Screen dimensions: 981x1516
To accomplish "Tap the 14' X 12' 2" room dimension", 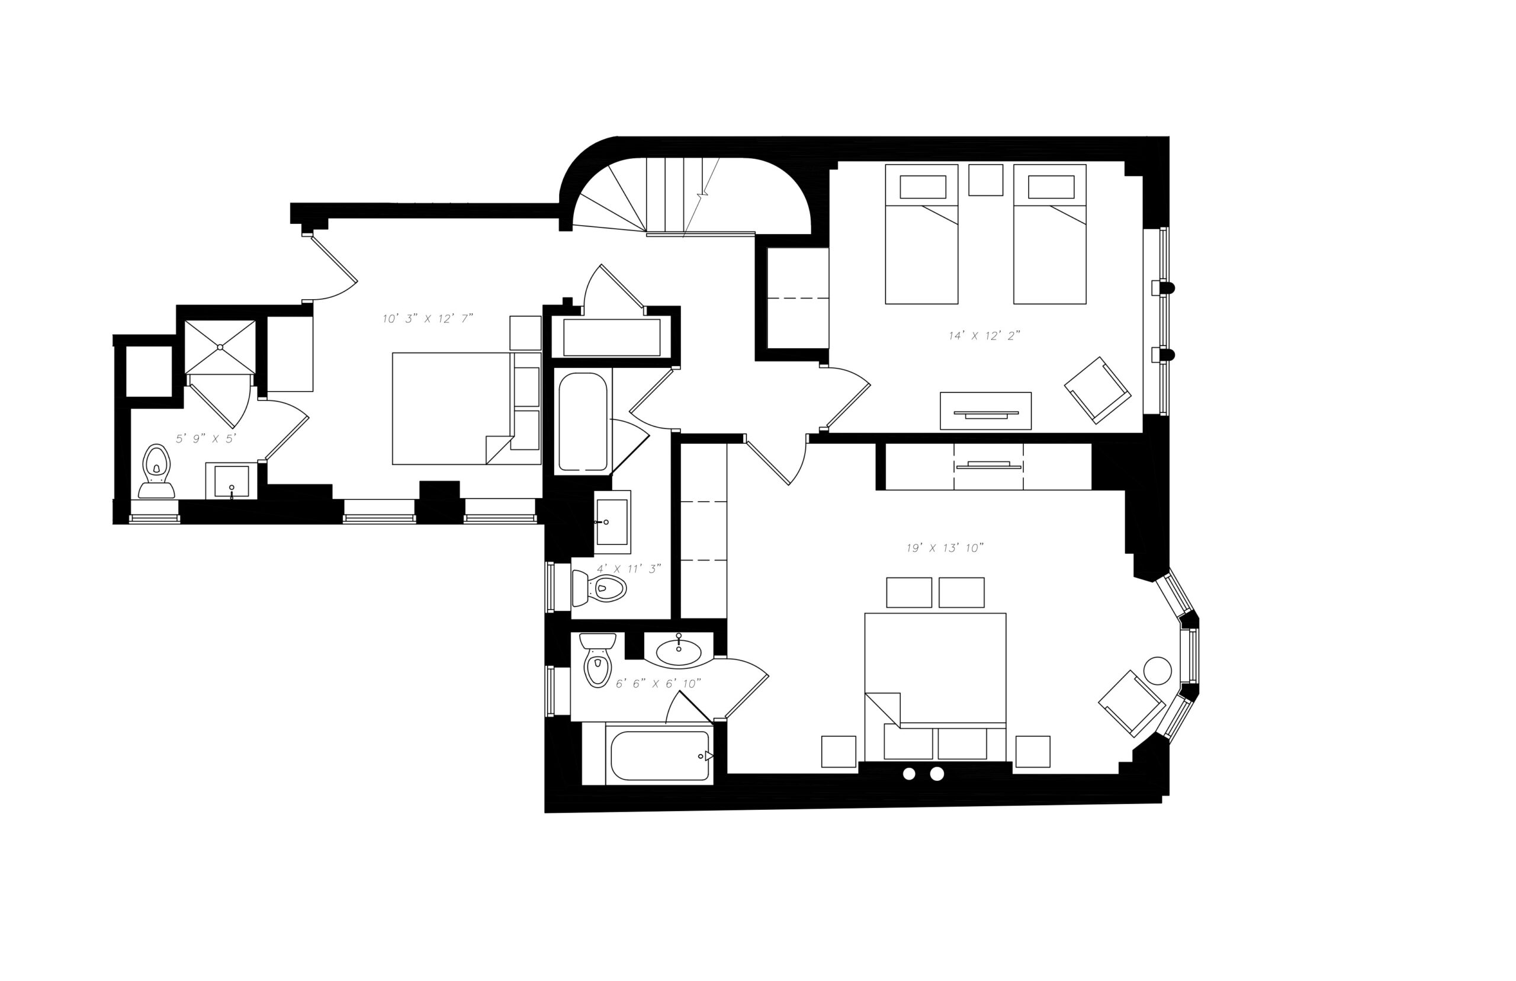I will tap(984, 336).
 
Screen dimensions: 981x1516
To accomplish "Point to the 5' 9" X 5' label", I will tap(206, 438).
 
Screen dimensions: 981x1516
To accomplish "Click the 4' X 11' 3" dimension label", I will tap(628, 568).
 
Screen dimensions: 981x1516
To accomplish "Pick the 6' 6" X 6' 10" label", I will tap(658, 684).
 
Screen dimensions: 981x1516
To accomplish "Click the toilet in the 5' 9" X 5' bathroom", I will tap(156, 472).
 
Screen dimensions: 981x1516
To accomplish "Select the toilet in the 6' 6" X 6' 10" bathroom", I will tap(598, 660).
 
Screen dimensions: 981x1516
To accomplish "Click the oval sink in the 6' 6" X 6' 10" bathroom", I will tap(679, 651).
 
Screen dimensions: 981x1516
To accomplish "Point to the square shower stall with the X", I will tap(220, 347).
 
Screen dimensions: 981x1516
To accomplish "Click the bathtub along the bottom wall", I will tap(660, 755).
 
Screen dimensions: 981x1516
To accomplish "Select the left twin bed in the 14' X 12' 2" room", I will tap(921, 234).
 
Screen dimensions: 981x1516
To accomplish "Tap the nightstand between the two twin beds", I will tap(985, 179).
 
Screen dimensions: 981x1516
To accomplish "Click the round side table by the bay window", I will tap(1158, 670).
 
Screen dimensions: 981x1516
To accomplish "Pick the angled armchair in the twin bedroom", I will tap(1097, 390).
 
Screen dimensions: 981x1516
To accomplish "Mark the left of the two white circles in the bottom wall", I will tap(909, 774).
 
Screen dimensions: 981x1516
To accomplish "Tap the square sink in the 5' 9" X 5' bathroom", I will tap(231, 481).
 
